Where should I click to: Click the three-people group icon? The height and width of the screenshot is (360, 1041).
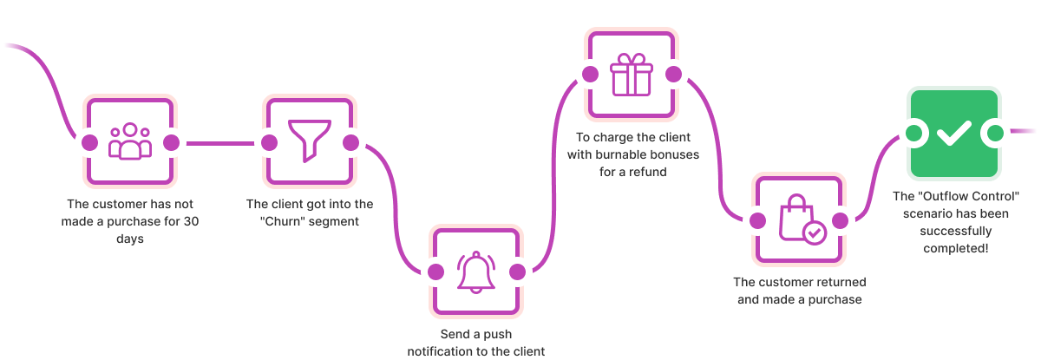coord(130,141)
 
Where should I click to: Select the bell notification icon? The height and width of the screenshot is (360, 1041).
coord(476,272)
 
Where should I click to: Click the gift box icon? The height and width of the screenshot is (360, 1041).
coord(631,75)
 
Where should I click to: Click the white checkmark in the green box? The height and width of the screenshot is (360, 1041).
coord(953,134)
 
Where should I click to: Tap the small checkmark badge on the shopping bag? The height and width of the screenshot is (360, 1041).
coord(814,232)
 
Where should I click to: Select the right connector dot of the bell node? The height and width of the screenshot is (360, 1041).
coord(517,272)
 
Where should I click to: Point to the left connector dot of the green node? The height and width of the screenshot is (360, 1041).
coord(911,134)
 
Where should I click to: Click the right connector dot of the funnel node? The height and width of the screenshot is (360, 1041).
coord(350,142)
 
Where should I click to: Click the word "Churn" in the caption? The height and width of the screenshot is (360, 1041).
coord(280,220)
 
